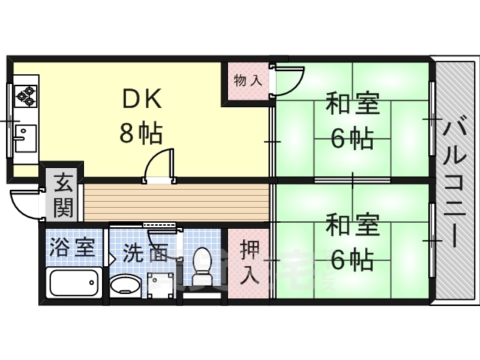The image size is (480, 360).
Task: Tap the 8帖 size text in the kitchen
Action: tap(141, 133)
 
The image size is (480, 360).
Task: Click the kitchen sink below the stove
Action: tap(24, 137)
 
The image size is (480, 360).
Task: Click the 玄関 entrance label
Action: tap(63, 193)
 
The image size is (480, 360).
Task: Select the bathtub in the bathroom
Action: tap(73, 283)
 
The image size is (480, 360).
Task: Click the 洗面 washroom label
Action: tap(146, 252)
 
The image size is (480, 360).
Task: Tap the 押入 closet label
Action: tap(249, 262)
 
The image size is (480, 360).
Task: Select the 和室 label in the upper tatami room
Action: tap(352, 104)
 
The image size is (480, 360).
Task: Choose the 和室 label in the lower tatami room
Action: tap(352, 224)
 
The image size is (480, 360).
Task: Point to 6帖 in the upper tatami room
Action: tap(352, 138)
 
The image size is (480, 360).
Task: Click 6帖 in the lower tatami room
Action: tap(352, 259)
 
